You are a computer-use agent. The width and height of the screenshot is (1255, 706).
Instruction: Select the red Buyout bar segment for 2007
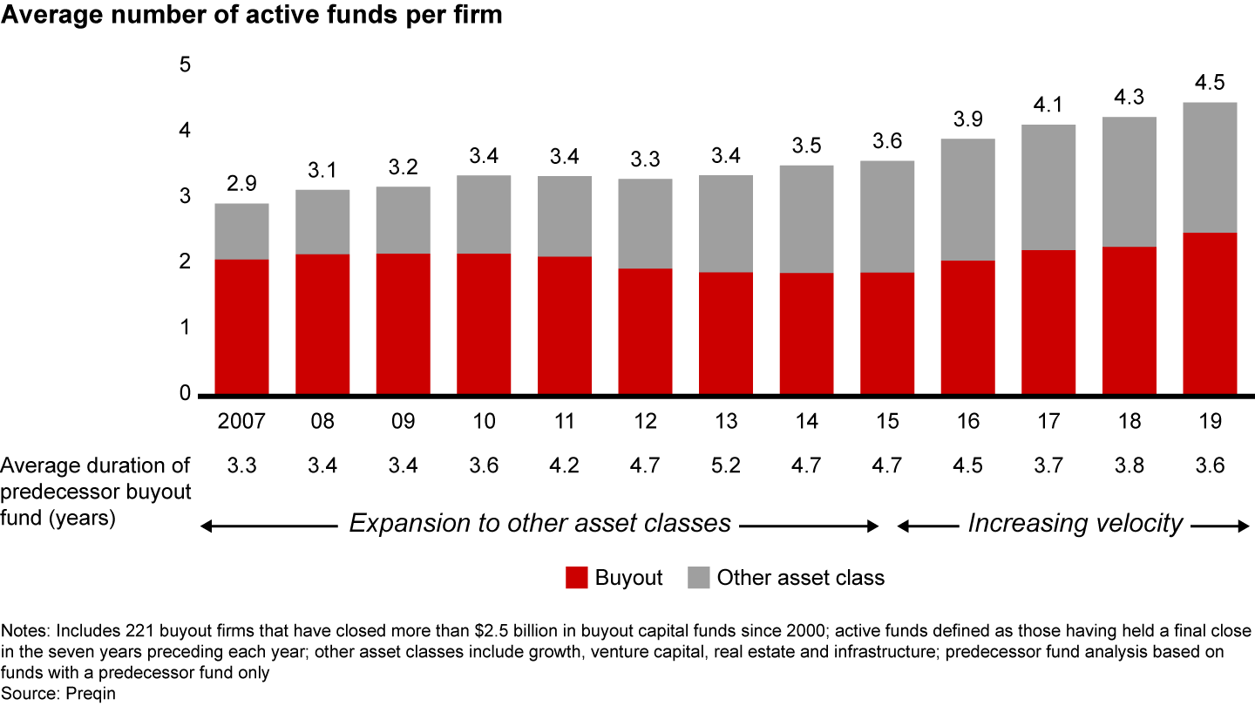click(x=241, y=327)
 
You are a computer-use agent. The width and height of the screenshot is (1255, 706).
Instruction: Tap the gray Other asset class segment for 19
click(x=1210, y=167)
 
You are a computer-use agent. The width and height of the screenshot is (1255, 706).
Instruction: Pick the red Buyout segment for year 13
click(x=726, y=333)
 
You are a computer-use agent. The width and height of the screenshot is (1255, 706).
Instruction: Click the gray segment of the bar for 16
click(x=967, y=200)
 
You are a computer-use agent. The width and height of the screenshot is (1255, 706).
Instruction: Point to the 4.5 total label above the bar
click(x=1210, y=84)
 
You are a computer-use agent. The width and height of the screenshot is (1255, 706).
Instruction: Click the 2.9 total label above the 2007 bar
click(x=241, y=185)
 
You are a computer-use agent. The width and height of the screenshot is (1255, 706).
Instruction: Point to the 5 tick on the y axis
click(x=185, y=65)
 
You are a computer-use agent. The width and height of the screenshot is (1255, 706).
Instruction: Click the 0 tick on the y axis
click(x=185, y=394)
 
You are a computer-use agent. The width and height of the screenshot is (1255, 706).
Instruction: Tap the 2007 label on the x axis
click(x=241, y=422)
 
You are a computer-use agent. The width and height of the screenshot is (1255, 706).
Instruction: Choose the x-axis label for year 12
click(x=645, y=422)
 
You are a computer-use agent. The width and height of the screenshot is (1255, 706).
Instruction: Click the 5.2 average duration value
click(x=726, y=465)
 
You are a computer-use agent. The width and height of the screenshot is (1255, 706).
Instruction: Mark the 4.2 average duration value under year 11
click(x=565, y=465)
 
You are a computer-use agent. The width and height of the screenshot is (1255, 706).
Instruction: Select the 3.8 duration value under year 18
click(x=1129, y=465)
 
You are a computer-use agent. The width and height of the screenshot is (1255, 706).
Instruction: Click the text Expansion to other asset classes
click(x=539, y=523)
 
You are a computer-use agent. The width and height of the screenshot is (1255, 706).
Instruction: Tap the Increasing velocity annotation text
click(x=1075, y=523)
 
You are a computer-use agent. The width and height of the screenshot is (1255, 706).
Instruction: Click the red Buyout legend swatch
click(x=576, y=577)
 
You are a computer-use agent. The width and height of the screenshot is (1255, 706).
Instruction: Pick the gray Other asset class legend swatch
click(x=698, y=577)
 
